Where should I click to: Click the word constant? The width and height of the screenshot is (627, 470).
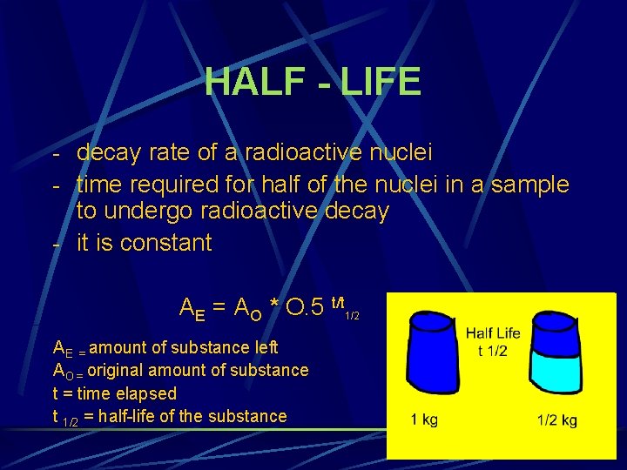point(165,243)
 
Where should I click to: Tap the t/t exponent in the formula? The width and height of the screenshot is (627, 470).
point(340,299)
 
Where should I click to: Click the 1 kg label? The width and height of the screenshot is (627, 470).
point(424,420)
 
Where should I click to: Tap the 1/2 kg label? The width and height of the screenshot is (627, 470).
point(556,421)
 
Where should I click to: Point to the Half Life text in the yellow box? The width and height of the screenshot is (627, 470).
point(493,333)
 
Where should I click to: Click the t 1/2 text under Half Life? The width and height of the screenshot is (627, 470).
point(493,351)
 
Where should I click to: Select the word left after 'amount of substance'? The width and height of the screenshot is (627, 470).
point(266,347)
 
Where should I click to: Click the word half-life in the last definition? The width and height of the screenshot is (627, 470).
point(140,416)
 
